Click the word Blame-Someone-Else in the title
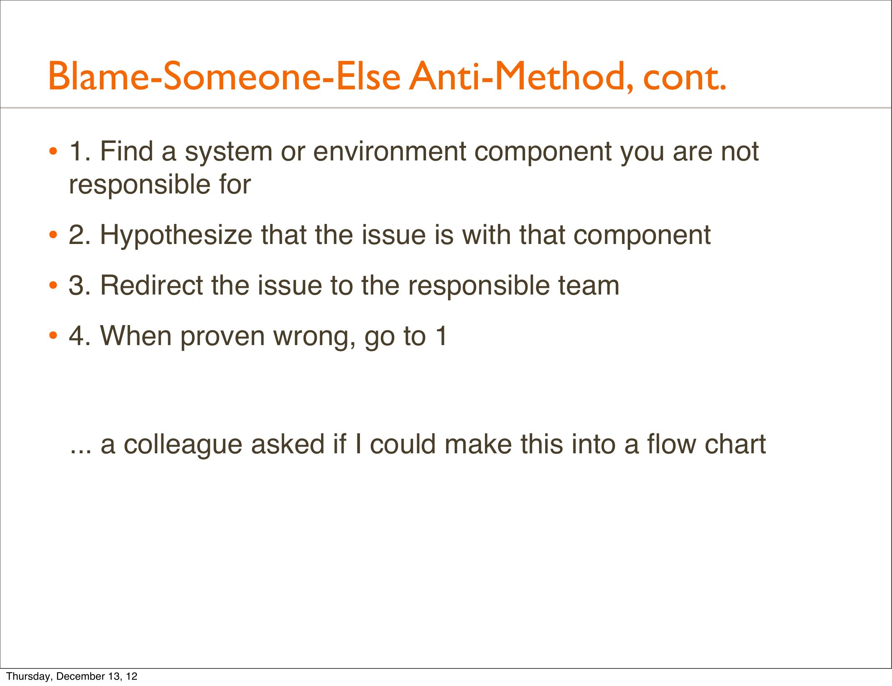(x=224, y=76)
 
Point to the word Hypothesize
(x=176, y=236)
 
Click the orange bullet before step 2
(x=53, y=235)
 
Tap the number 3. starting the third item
(x=79, y=286)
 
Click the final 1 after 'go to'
(x=441, y=336)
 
